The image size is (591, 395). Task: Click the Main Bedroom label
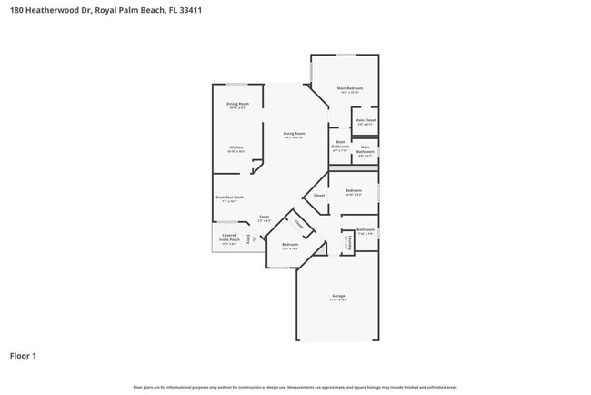pyautogui.click(x=350, y=88)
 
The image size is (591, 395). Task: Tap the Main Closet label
pyautogui.click(x=366, y=120)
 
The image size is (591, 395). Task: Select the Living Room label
pyautogui.click(x=294, y=134)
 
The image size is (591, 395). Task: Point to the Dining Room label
pyautogui.click(x=238, y=104)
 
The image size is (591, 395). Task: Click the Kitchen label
pyautogui.click(x=235, y=147)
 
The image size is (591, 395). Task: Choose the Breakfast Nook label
pyautogui.click(x=229, y=197)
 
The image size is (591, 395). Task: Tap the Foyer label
pyautogui.click(x=264, y=217)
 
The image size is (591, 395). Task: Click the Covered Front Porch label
pyautogui.click(x=229, y=238)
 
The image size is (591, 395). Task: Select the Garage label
pyautogui.click(x=338, y=297)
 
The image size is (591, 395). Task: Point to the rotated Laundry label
pyautogui.click(x=346, y=242)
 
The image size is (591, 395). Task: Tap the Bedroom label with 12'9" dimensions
pyautogui.click(x=290, y=245)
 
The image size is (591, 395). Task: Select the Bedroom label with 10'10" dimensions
pyautogui.click(x=353, y=190)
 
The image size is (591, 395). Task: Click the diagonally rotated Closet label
pyautogui.click(x=299, y=223)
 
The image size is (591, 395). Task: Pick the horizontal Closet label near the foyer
pyautogui.click(x=319, y=196)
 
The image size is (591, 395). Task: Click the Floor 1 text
pyautogui.click(x=23, y=355)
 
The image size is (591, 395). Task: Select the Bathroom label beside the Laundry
pyautogui.click(x=366, y=229)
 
